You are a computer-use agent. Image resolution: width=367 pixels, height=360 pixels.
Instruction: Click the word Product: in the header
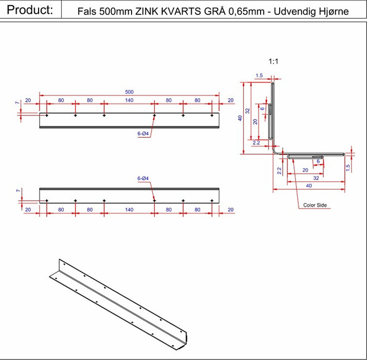tap(30, 10)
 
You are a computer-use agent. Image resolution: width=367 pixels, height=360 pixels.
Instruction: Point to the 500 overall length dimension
tap(129, 92)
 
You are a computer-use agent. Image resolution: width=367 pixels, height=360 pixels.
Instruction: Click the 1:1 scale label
tap(273, 62)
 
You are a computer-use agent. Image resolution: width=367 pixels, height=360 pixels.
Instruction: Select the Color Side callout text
tap(315, 205)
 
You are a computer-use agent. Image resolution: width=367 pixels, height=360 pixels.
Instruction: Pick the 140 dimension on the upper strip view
tap(129, 100)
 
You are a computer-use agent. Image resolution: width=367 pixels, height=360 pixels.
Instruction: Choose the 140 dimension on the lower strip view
tap(129, 210)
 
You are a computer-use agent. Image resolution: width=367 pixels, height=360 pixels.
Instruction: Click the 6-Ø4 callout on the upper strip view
tap(143, 134)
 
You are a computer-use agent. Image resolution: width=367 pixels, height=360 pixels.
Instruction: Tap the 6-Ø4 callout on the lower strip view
tap(143, 178)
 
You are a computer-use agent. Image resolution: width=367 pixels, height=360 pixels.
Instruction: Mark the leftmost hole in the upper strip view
tap(47, 116)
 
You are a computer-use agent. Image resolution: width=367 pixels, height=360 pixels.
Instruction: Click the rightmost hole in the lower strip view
tap(212, 201)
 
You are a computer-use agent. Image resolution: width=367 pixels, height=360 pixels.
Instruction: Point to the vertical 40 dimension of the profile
tap(240, 118)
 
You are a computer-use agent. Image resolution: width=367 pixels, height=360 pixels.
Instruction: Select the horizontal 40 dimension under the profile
tap(309, 186)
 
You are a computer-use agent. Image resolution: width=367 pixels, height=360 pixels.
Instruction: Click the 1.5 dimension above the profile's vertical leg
tap(260, 76)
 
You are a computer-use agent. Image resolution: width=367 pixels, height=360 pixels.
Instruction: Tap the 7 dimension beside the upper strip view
tap(17, 102)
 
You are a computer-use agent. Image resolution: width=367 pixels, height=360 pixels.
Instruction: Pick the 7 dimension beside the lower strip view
tap(19, 191)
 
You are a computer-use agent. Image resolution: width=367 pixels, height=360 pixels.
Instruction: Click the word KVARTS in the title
tap(181, 11)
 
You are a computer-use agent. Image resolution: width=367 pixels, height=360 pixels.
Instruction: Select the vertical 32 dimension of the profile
tap(248, 111)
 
